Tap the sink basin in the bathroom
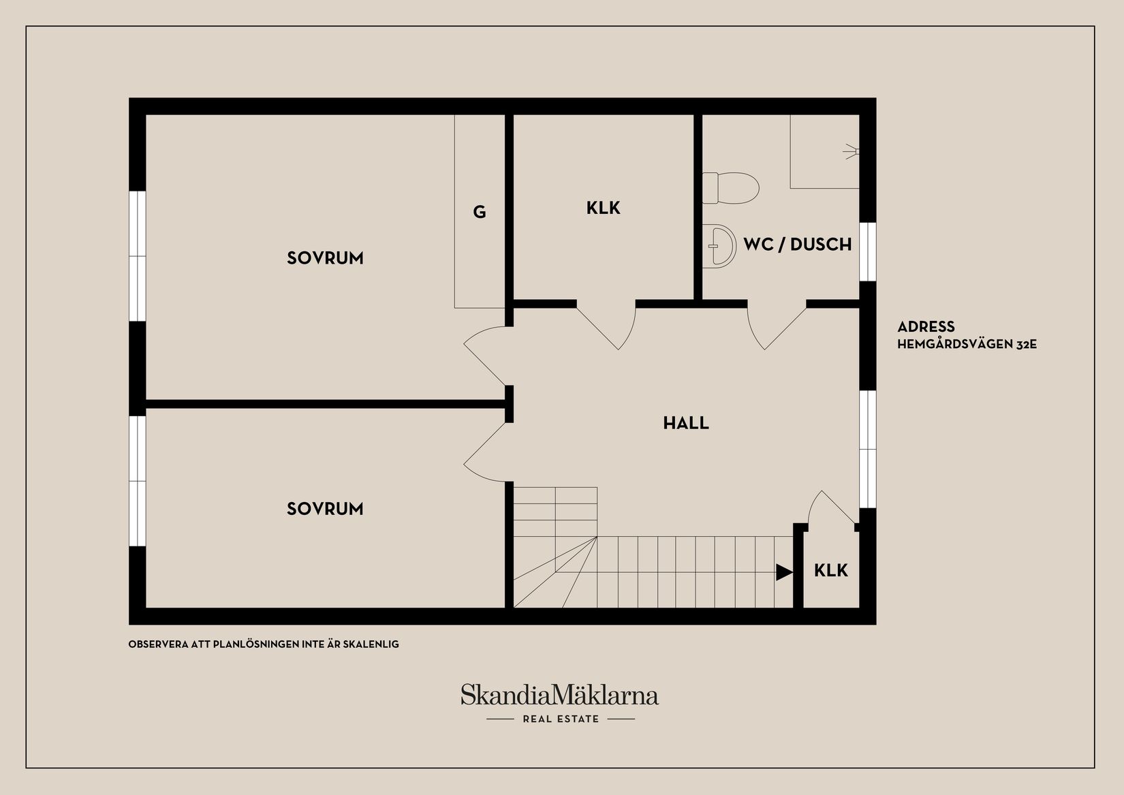(x=721, y=245)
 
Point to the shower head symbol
(x=851, y=151)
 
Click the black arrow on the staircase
(x=784, y=572)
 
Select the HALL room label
(x=686, y=423)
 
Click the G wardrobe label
(x=480, y=213)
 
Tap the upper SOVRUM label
(x=325, y=258)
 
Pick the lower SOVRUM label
(x=325, y=509)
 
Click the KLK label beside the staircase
(x=831, y=570)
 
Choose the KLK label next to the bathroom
(x=604, y=208)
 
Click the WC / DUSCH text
(x=797, y=244)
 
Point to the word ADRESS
(x=926, y=327)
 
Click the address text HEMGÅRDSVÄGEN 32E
(x=967, y=345)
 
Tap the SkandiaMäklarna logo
(x=559, y=696)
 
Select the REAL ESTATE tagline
(x=561, y=719)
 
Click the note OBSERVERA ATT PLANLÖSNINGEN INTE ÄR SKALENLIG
(x=264, y=644)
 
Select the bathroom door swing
(x=775, y=328)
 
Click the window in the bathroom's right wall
(x=867, y=251)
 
